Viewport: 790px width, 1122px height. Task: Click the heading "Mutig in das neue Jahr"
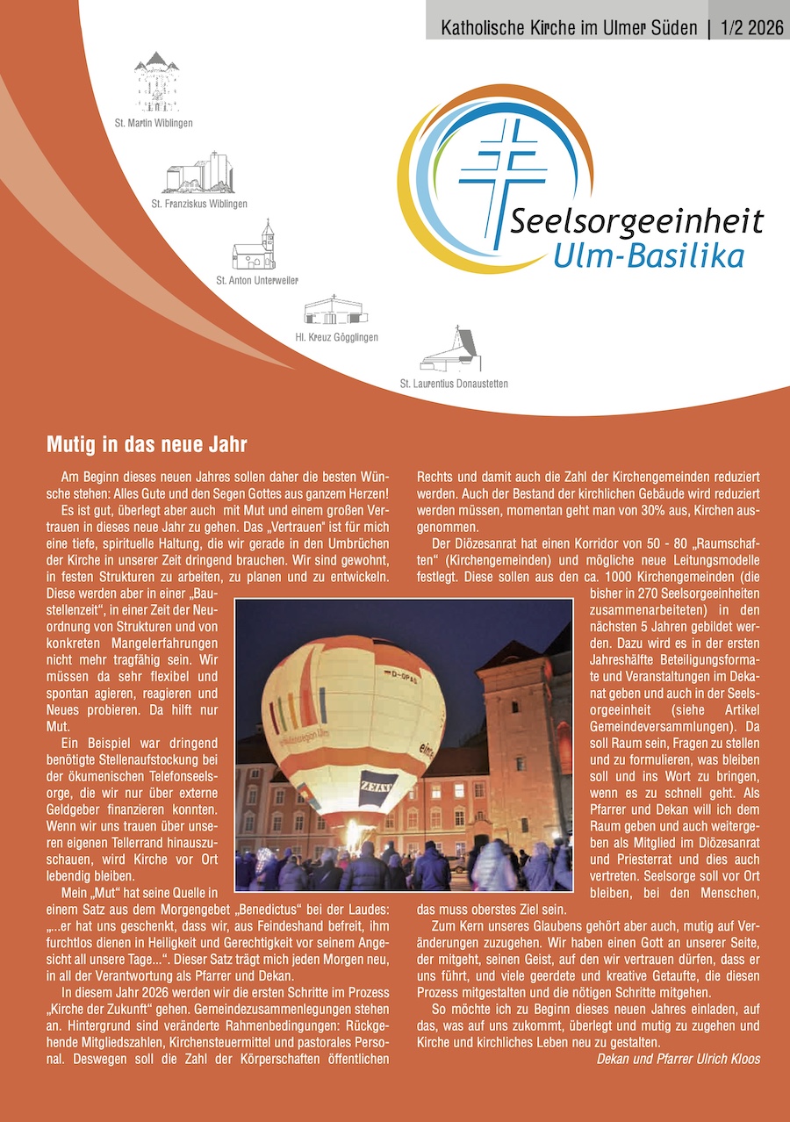[147, 442]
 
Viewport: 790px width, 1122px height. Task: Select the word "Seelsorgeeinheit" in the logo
[636, 223]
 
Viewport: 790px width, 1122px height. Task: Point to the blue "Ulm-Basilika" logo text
[649, 255]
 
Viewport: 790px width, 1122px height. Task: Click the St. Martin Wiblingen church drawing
[155, 82]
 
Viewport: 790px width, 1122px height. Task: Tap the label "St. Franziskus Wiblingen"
[199, 204]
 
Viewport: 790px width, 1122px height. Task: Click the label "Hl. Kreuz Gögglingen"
[337, 336]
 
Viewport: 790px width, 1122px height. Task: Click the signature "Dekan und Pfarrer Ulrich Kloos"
[678, 1059]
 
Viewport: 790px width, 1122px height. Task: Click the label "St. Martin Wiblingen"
[154, 123]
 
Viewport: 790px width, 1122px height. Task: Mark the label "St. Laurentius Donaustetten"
[454, 384]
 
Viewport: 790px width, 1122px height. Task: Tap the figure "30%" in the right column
[632, 510]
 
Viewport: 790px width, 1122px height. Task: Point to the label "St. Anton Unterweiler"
[257, 280]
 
